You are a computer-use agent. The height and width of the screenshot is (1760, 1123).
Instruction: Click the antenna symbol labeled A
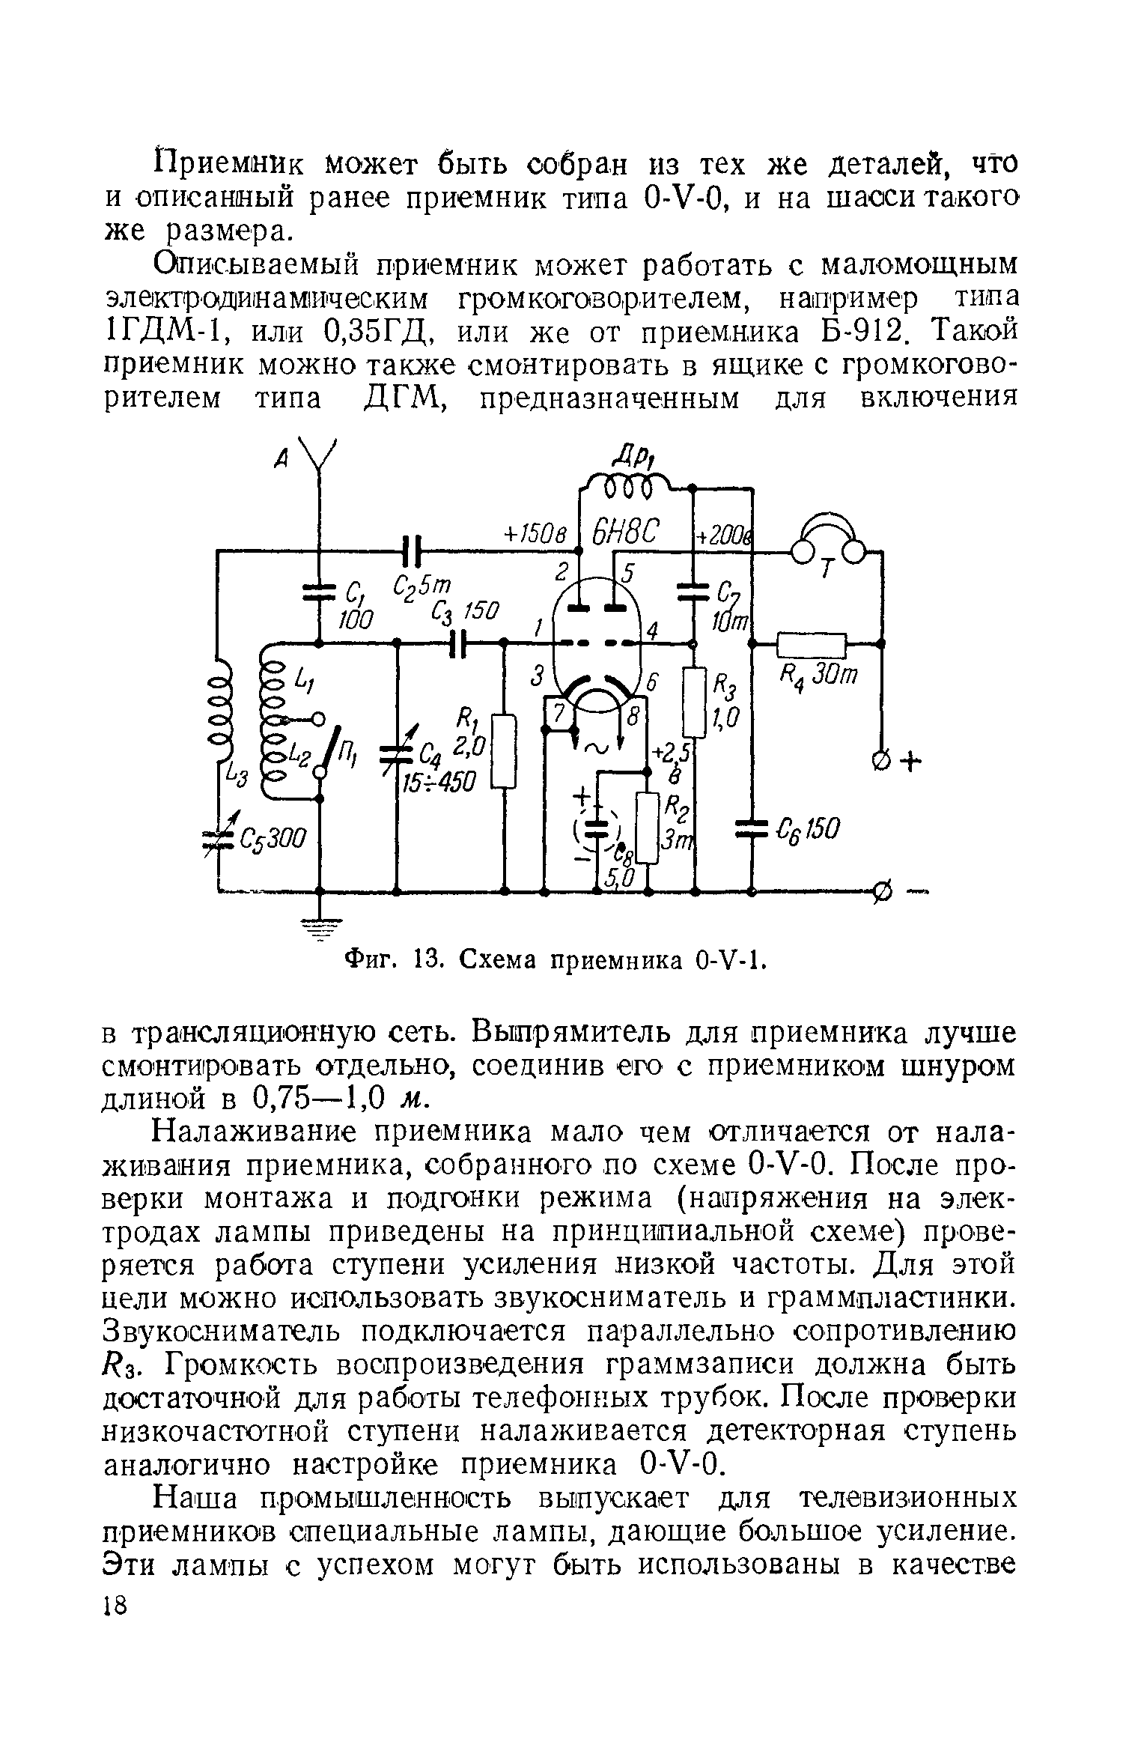(x=319, y=457)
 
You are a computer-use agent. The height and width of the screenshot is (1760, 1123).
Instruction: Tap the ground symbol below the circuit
(x=320, y=929)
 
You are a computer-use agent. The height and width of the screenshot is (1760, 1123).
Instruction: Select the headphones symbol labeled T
(x=828, y=543)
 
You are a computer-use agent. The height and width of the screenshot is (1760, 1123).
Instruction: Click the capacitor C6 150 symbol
(x=752, y=828)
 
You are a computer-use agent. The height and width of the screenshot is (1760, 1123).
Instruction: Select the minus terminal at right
(x=883, y=892)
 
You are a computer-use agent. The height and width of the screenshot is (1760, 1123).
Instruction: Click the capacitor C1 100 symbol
(x=320, y=592)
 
